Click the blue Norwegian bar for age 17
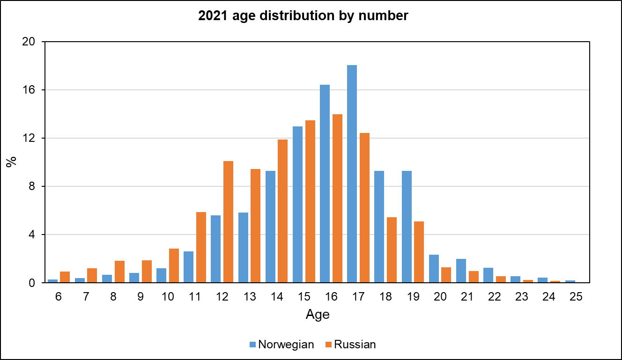(352, 174)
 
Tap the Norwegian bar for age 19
(407, 227)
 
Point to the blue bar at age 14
(270, 227)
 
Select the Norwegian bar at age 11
(188, 267)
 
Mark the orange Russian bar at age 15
(310, 201)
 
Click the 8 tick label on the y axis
(32, 186)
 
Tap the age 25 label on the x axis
(576, 297)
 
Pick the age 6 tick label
(59, 297)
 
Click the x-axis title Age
(318, 315)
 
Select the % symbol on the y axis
(11, 162)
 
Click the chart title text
(304, 16)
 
